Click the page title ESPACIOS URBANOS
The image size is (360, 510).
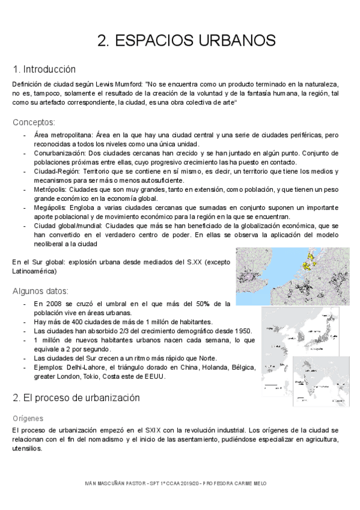click(186, 40)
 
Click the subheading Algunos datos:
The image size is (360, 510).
click(40, 291)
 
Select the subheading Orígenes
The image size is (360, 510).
click(27, 417)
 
